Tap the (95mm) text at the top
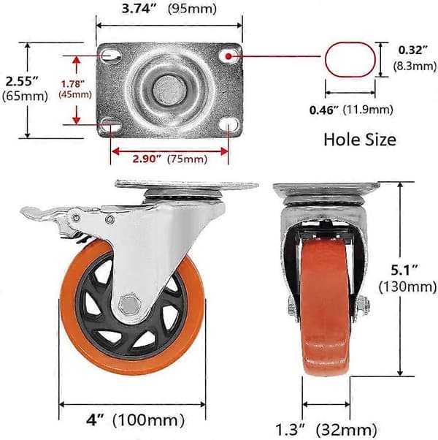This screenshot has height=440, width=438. [x=192, y=9]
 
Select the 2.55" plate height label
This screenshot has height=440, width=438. [x=22, y=81]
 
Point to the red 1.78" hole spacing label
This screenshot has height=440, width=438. [x=73, y=83]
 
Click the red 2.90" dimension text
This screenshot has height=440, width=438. [x=147, y=159]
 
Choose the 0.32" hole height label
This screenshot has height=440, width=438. [x=413, y=50]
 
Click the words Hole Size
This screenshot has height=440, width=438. [x=360, y=140]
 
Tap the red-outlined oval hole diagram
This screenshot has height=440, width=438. [x=350, y=59]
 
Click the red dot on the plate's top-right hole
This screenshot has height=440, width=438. [x=228, y=56]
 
